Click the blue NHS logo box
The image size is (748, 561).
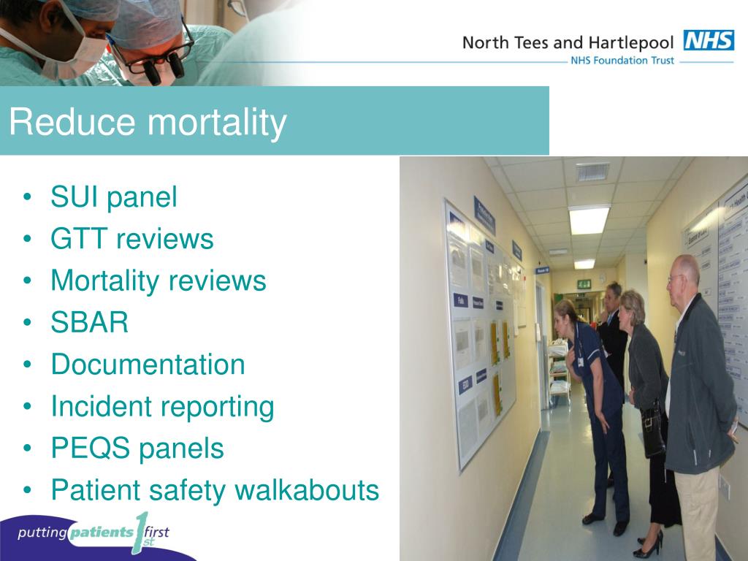point(709,40)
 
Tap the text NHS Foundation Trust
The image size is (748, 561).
point(621,61)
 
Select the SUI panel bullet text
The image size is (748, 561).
point(113,197)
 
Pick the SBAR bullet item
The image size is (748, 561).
point(89,322)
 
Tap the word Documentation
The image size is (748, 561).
point(148,365)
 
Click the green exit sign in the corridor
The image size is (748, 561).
point(584,283)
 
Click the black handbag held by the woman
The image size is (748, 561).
point(652,432)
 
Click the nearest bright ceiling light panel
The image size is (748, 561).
point(589,219)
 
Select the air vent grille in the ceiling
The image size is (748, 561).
point(592,172)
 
